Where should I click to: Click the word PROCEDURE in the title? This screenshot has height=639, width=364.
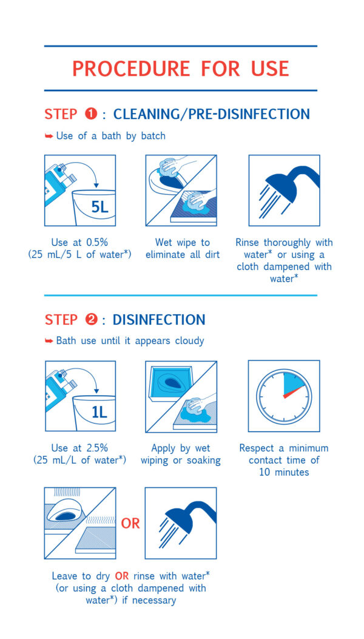[131, 69]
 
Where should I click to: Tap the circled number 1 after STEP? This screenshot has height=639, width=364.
[91, 114]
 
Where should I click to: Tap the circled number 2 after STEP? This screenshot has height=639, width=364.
[91, 320]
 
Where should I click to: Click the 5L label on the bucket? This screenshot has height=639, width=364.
[99, 208]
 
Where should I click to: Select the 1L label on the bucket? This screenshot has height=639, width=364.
[99, 413]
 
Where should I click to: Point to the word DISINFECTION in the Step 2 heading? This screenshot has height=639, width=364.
[159, 320]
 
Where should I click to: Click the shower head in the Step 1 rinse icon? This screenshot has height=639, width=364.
[291, 183]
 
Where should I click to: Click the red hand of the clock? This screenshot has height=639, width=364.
[294, 391]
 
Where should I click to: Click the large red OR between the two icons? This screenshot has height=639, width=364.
[130, 523]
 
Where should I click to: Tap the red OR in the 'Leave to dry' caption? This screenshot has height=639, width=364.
[123, 576]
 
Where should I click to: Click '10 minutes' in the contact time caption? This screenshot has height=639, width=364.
[284, 473]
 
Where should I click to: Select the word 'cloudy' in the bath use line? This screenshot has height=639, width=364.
[189, 340]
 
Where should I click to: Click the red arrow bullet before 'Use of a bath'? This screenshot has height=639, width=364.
[49, 136]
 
